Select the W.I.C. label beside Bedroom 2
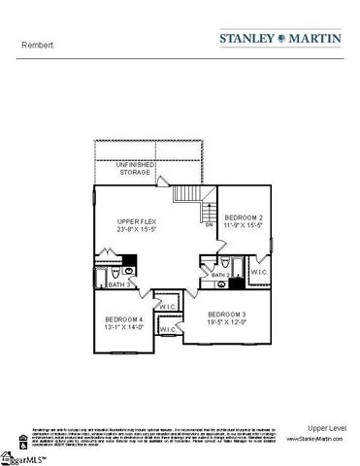(x=259, y=273)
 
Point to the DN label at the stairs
(x=209, y=224)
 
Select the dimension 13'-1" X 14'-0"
(x=124, y=329)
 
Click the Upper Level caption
(x=325, y=427)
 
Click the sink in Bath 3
(x=130, y=261)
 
